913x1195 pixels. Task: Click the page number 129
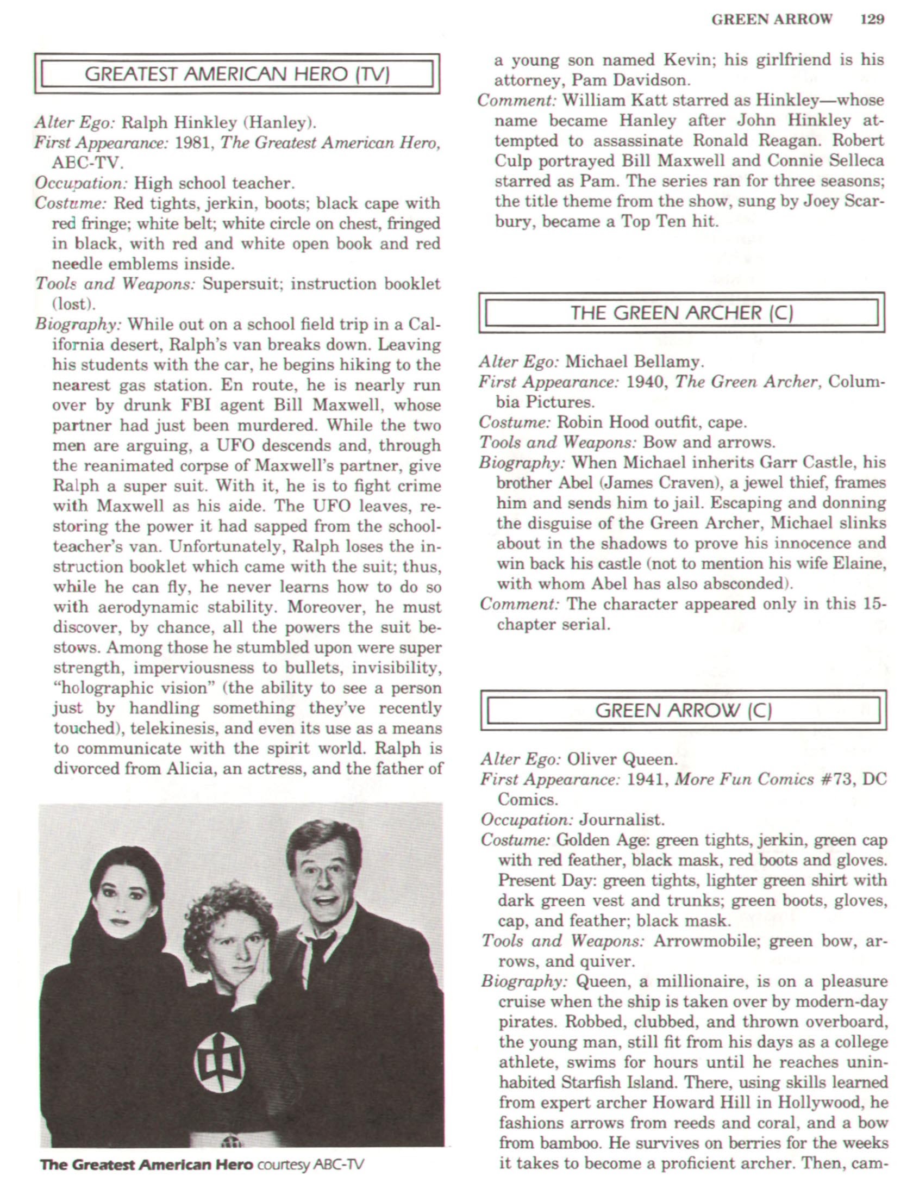click(x=872, y=20)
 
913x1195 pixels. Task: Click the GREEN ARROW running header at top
click(x=772, y=20)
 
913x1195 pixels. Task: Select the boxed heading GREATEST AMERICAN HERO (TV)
click(x=237, y=74)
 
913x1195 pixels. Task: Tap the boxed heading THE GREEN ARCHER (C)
click(x=681, y=313)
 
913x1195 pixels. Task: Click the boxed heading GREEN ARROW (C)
click(x=683, y=711)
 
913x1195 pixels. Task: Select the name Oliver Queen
click(x=622, y=759)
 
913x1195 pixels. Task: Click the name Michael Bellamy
click(x=634, y=362)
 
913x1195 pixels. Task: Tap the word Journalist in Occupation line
click(x=622, y=820)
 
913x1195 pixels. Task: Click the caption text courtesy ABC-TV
click(x=310, y=1165)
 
